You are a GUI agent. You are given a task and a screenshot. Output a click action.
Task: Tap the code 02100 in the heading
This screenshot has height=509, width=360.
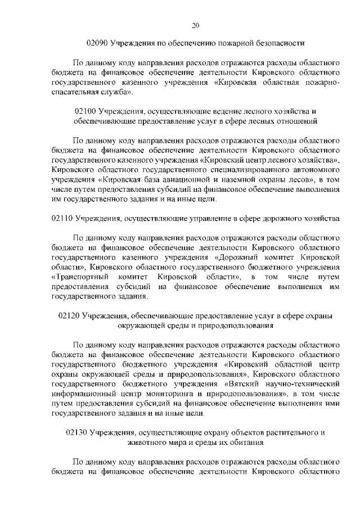tap(85, 111)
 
